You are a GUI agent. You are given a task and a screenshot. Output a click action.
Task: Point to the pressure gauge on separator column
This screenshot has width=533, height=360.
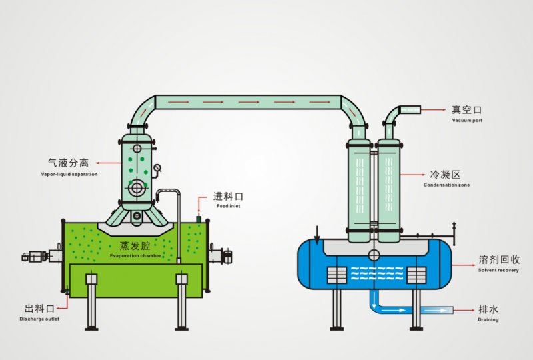(157, 168)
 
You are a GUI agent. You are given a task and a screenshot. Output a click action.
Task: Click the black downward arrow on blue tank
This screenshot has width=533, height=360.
(318, 235)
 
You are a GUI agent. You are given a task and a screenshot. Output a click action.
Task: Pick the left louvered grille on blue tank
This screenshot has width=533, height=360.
(337, 274)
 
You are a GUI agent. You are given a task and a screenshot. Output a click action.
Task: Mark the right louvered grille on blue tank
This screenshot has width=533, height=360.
(417, 274)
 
